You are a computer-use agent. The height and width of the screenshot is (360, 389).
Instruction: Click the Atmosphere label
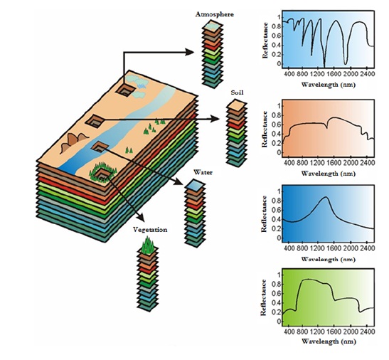click(214, 14)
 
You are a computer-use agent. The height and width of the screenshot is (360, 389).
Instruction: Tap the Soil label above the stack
click(237, 92)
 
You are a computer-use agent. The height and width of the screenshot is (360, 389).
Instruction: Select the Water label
click(203, 172)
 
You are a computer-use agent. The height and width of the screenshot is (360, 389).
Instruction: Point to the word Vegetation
click(150, 230)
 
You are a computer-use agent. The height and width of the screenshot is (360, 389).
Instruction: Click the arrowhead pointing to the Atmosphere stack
click(190, 52)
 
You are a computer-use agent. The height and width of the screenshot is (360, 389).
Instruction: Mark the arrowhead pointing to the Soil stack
click(215, 119)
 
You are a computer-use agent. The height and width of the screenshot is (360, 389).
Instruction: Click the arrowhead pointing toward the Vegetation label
click(140, 217)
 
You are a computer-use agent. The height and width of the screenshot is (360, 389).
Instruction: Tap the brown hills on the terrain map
click(73, 142)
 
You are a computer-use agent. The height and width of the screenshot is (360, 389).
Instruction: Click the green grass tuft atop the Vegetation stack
click(148, 245)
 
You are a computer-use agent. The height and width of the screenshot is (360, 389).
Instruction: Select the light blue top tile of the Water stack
click(195, 185)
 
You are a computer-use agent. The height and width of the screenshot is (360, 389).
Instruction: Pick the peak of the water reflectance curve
click(326, 197)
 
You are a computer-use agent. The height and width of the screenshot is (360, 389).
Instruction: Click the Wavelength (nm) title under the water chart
click(329, 259)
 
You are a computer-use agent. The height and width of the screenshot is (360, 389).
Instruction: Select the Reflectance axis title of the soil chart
click(265, 129)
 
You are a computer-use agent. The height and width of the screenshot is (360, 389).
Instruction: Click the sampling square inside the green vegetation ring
click(102, 174)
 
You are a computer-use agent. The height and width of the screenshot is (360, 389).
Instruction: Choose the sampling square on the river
click(100, 147)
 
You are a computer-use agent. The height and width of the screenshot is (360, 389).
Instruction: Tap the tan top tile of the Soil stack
click(237, 105)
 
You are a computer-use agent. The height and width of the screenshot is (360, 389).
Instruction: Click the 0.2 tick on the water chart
click(277, 228)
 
